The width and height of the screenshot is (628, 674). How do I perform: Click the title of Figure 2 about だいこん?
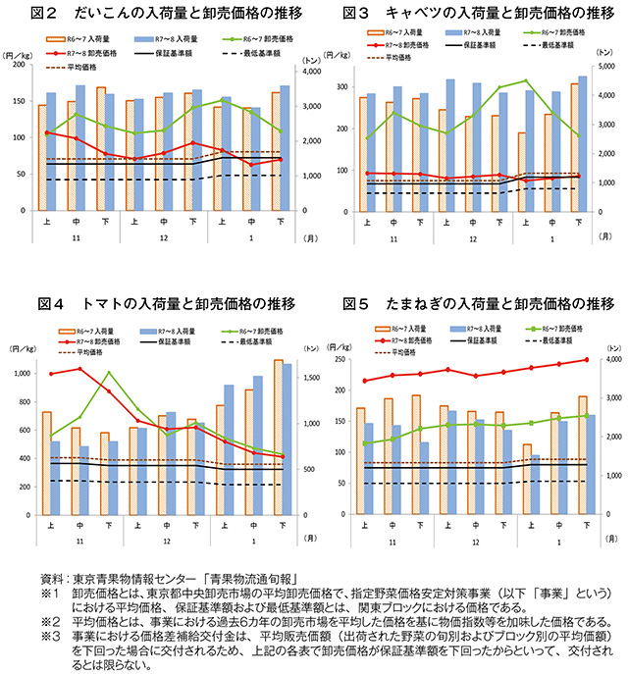tap(162, 13)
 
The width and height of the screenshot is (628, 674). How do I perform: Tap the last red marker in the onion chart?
tap(587, 360)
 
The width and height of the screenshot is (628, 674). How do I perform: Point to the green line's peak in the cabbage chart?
tap(525, 80)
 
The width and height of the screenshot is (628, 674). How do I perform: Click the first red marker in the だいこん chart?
tap(47, 132)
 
